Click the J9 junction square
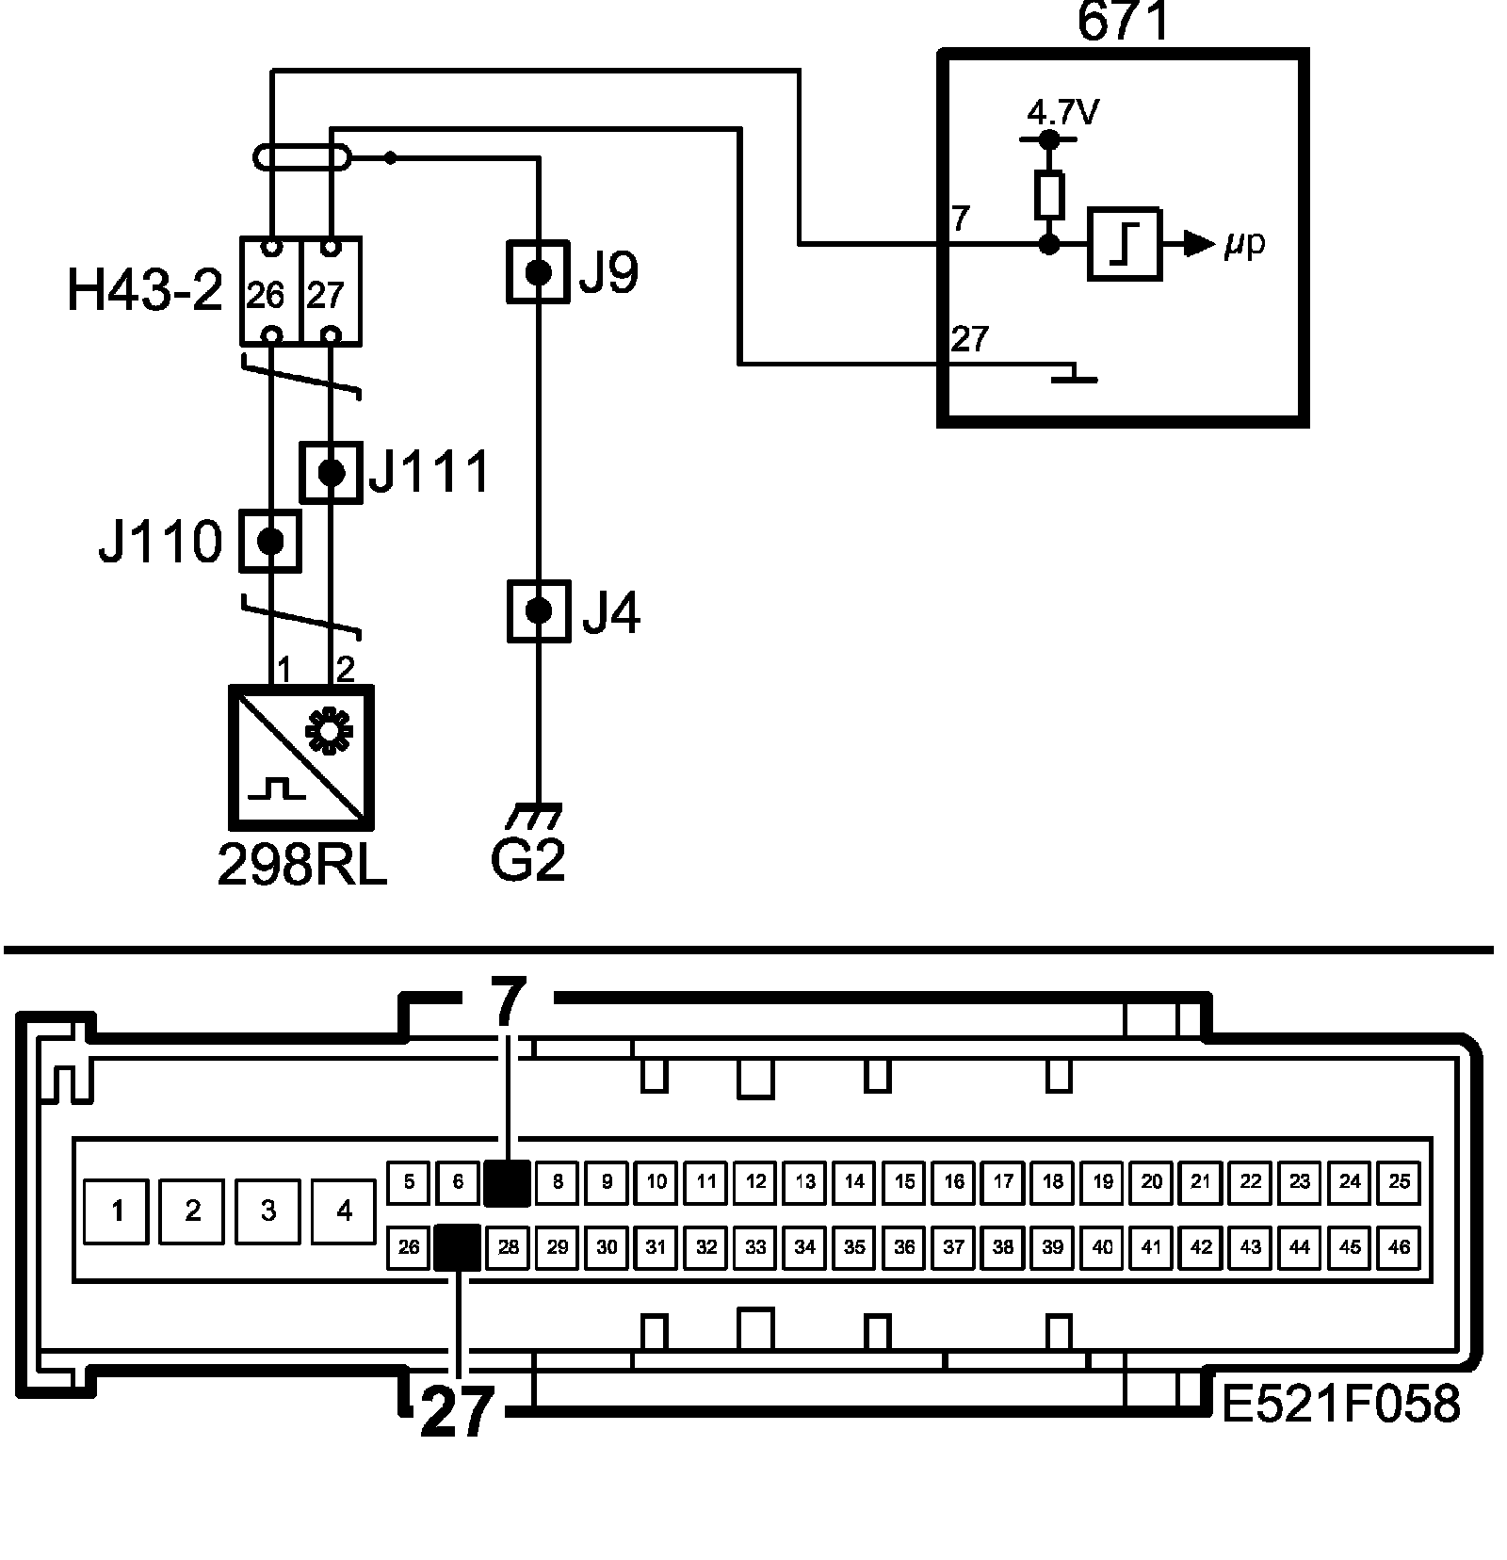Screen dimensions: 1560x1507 (x=538, y=272)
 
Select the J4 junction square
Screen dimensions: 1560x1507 (x=539, y=611)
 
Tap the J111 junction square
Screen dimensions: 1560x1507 (x=331, y=472)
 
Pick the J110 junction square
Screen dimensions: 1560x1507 (x=270, y=541)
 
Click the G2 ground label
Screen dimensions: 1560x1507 (x=527, y=859)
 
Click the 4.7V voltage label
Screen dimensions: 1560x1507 (x=1062, y=114)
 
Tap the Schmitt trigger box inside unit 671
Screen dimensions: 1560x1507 (x=1125, y=245)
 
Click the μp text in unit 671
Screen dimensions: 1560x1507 (x=1244, y=245)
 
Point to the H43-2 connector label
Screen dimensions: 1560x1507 (x=144, y=292)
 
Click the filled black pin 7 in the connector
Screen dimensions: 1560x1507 (x=508, y=1182)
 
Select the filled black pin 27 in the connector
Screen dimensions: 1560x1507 (x=459, y=1247)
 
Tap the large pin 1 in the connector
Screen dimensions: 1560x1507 (x=117, y=1211)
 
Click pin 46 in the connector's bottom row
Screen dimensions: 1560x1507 (x=1399, y=1247)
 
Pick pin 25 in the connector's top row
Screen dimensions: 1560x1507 (x=1399, y=1181)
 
